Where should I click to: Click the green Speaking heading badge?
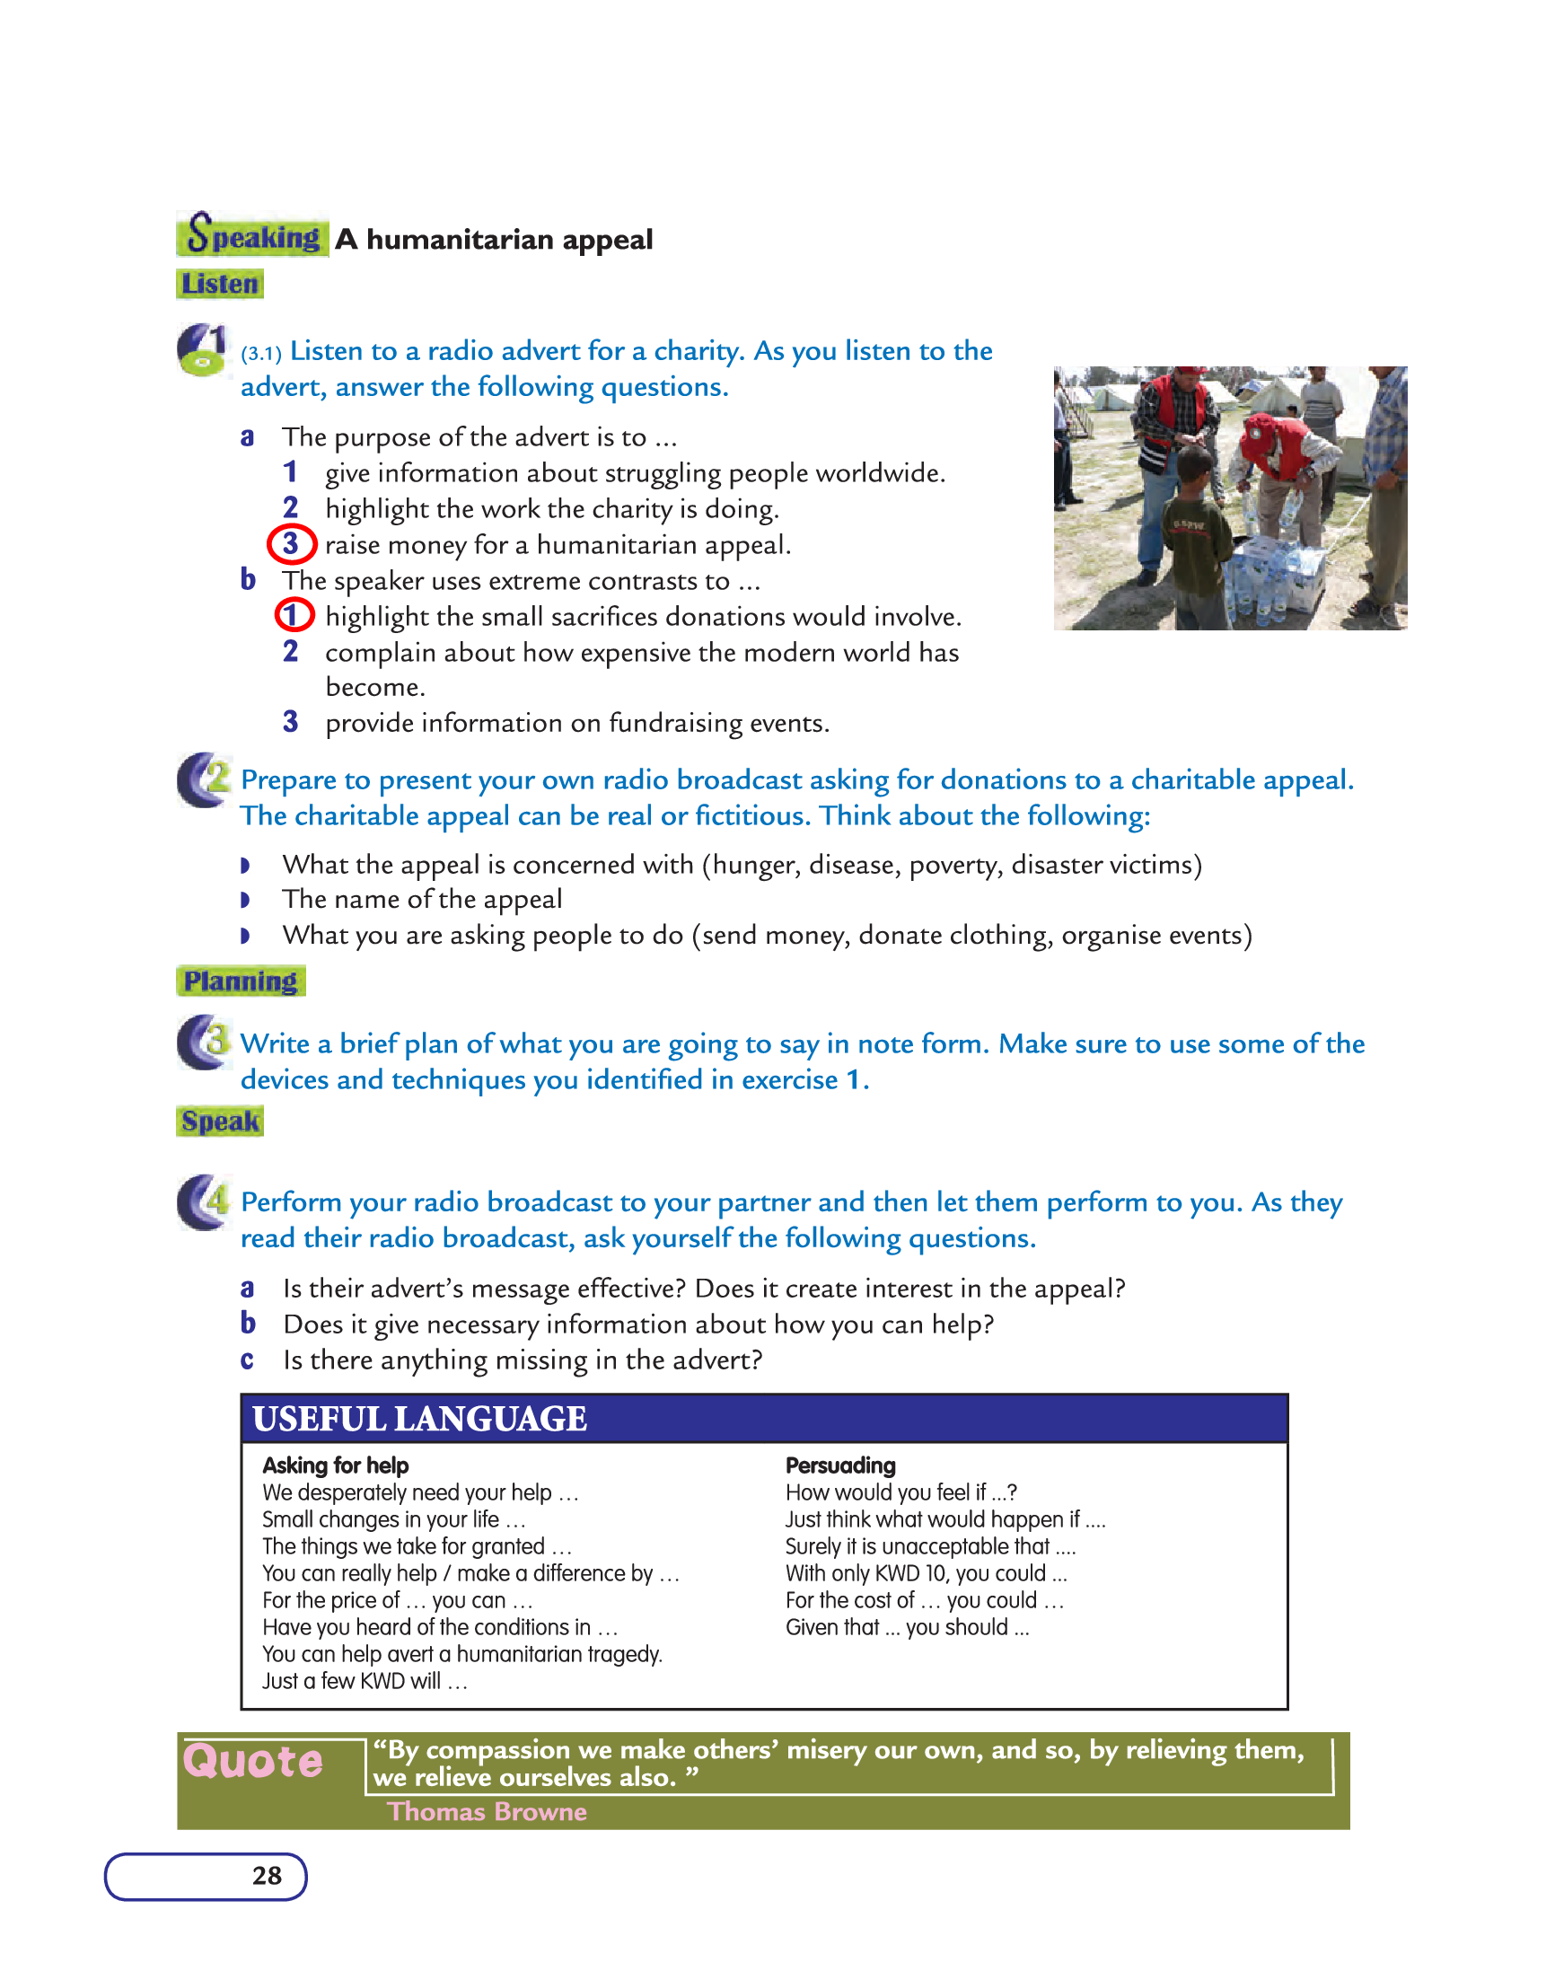pyautogui.click(x=252, y=235)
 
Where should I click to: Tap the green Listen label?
pyautogui.click(x=219, y=284)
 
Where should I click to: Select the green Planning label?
pyautogui.click(x=241, y=981)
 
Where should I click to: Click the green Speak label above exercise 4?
pyautogui.click(x=219, y=1122)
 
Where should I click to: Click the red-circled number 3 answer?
pyautogui.click(x=291, y=544)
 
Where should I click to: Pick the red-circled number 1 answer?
pyautogui.click(x=294, y=615)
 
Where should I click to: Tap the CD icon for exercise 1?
pyautogui.click(x=201, y=350)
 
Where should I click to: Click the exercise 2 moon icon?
pyautogui.click(x=203, y=780)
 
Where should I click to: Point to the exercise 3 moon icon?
pyautogui.click(x=203, y=1043)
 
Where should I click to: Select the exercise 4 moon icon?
pyautogui.click(x=203, y=1201)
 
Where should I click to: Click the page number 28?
pyautogui.click(x=267, y=1876)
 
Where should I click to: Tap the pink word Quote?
pyautogui.click(x=253, y=1762)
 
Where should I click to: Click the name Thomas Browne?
pyautogui.click(x=488, y=1811)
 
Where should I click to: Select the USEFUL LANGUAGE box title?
pyautogui.click(x=419, y=1420)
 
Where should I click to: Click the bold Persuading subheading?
pyautogui.click(x=840, y=1465)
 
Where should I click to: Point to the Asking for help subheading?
pyautogui.click(x=335, y=1465)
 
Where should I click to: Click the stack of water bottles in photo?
pyautogui.click(x=1275, y=578)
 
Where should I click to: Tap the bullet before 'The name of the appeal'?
pyautogui.click(x=245, y=901)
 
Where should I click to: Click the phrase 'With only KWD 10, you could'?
pyautogui.click(x=916, y=1574)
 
